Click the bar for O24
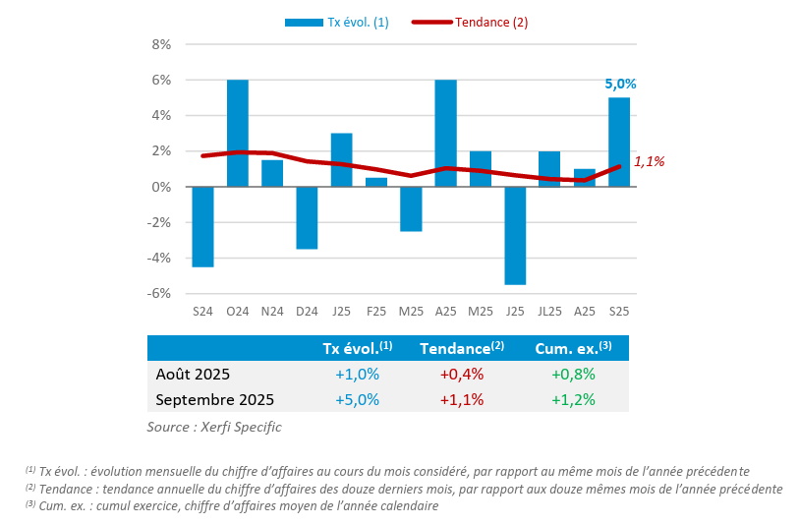[x=238, y=133]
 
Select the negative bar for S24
[x=202, y=226]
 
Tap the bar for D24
[x=307, y=217]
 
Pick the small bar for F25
[x=375, y=182]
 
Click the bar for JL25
[x=549, y=169]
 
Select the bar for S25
[x=619, y=142]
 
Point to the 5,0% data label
[x=620, y=85]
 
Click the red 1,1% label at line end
[x=650, y=161]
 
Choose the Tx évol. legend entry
[x=337, y=23]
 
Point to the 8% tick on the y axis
[x=162, y=44]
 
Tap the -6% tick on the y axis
[x=161, y=293]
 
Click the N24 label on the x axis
[x=272, y=312]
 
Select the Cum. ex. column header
[x=573, y=348]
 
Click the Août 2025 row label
[x=193, y=374]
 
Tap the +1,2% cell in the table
[x=573, y=400]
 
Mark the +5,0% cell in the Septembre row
[x=357, y=400]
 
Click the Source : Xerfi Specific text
[x=214, y=427]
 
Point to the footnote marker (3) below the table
[x=30, y=504]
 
